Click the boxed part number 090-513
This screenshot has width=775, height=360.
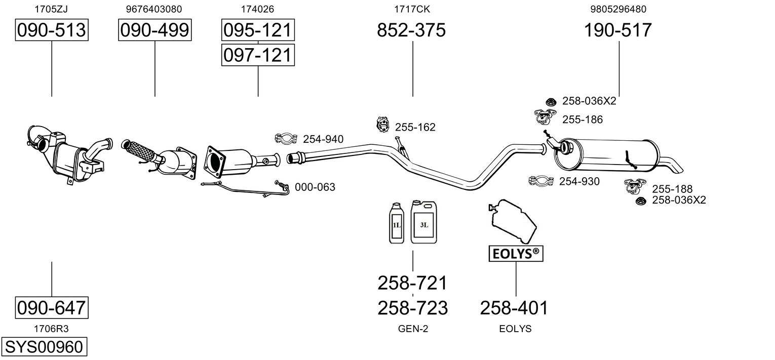(x=51, y=30)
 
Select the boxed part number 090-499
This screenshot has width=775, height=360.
(x=155, y=30)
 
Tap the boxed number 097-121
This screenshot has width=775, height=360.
(x=258, y=55)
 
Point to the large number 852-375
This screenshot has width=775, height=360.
(x=411, y=30)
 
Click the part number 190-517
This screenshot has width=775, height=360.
(x=618, y=30)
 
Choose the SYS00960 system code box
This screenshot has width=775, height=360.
(x=43, y=347)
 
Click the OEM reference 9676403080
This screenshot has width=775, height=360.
(x=154, y=9)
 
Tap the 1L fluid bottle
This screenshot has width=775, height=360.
(x=395, y=223)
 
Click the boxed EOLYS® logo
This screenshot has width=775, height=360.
(x=515, y=254)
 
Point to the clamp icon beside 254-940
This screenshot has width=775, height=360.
(x=286, y=138)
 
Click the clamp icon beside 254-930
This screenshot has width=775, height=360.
(x=541, y=181)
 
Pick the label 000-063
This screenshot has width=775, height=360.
(x=315, y=187)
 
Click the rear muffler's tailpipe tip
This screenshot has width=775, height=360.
(x=675, y=166)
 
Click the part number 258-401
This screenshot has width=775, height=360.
(x=514, y=307)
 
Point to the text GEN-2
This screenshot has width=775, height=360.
(x=413, y=329)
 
